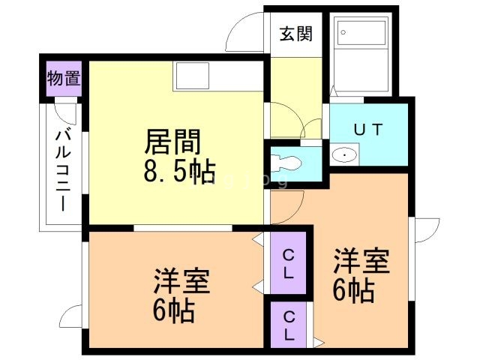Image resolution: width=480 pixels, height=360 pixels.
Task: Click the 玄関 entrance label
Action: (295, 33)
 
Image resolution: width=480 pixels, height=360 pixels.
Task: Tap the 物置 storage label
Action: (64, 77)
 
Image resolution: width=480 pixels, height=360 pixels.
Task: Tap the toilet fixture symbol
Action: (288, 161)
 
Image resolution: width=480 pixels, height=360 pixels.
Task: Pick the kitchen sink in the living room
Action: (192, 76)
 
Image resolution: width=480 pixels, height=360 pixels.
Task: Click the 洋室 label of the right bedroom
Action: (361, 262)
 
